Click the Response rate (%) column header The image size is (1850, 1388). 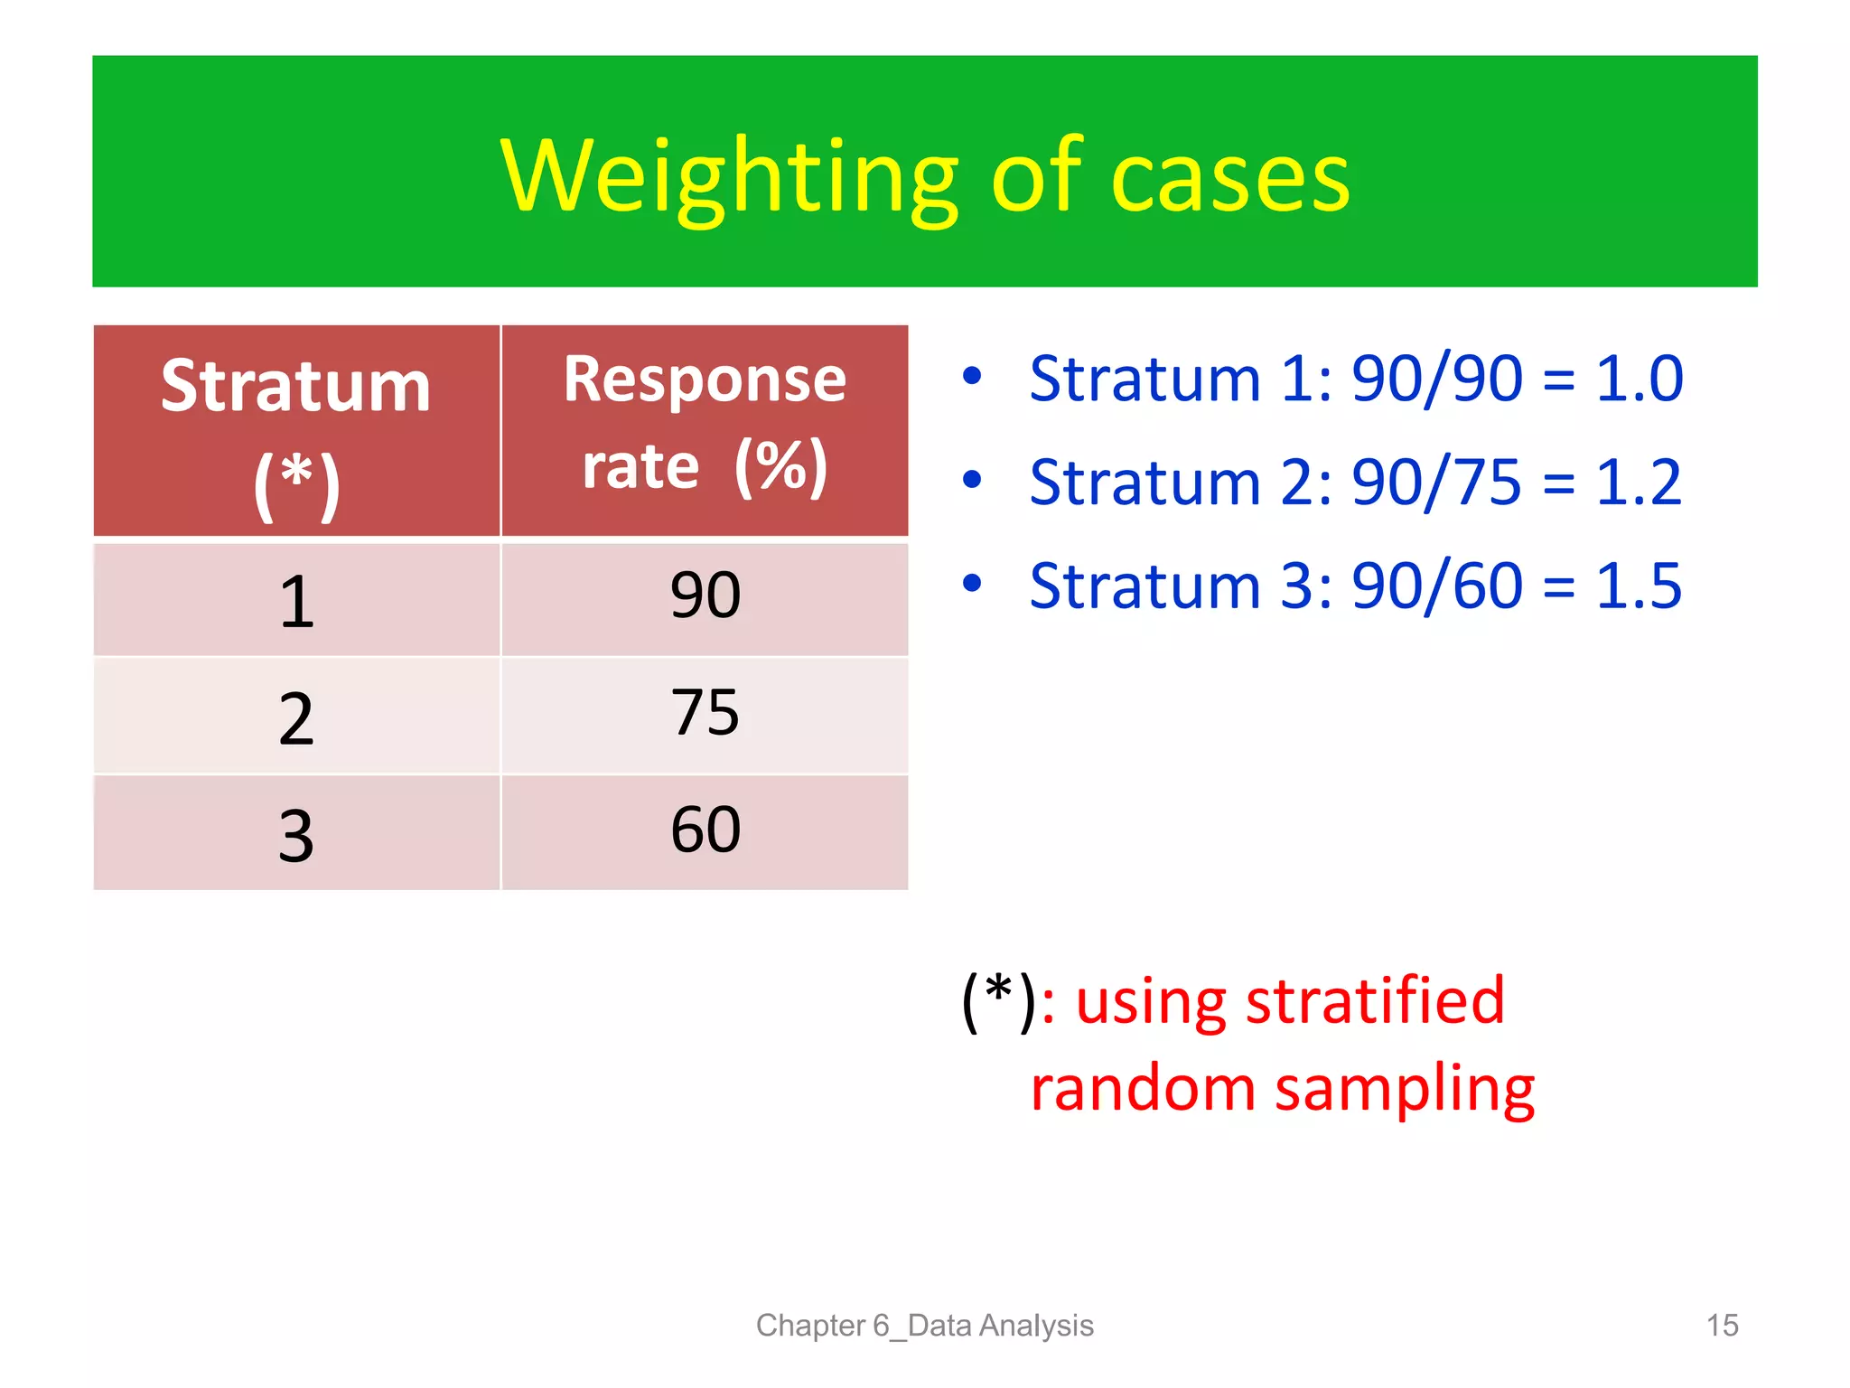705,425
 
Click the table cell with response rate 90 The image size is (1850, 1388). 705,596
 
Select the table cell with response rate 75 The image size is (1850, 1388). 705,713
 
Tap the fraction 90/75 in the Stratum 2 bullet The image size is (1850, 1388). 1436,482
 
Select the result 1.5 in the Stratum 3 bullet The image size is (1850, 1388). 1639,586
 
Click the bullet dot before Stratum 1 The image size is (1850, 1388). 972,376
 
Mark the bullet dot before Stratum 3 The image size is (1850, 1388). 972,584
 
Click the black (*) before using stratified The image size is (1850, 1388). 998,1000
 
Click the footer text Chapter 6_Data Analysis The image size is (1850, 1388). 924,1325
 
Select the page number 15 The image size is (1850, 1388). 1722,1325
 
